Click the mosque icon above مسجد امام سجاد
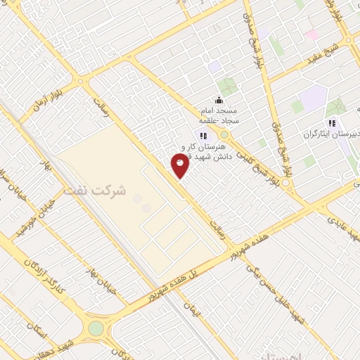tap(219, 99)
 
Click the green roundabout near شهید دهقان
tap(96, 328)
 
